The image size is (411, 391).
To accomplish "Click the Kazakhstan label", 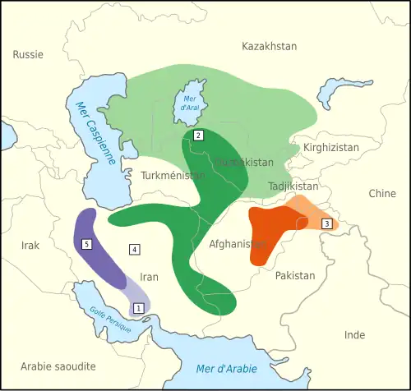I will pos(270,47).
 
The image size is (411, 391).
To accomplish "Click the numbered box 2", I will pos(197,135).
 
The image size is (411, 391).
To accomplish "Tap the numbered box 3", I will pos(326,223).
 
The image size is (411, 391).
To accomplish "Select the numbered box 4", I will pos(134,248).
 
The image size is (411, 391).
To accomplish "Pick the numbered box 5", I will pos(87,244).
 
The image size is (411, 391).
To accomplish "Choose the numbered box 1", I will pos(138,308).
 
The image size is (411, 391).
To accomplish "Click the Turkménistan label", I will pos(173,176).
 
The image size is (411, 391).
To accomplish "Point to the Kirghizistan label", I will pos(331,148).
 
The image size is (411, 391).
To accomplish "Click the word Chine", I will pos(382,194).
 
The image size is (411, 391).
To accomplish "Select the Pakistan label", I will pos(295,276).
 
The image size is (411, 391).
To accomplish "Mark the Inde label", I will pos(354,335).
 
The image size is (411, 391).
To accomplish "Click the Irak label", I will pos(30,246).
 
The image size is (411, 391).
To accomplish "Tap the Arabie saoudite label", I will pos(58,366).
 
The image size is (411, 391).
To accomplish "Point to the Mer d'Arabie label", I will pos(226,368).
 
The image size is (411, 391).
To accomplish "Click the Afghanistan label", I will pos(238,244).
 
